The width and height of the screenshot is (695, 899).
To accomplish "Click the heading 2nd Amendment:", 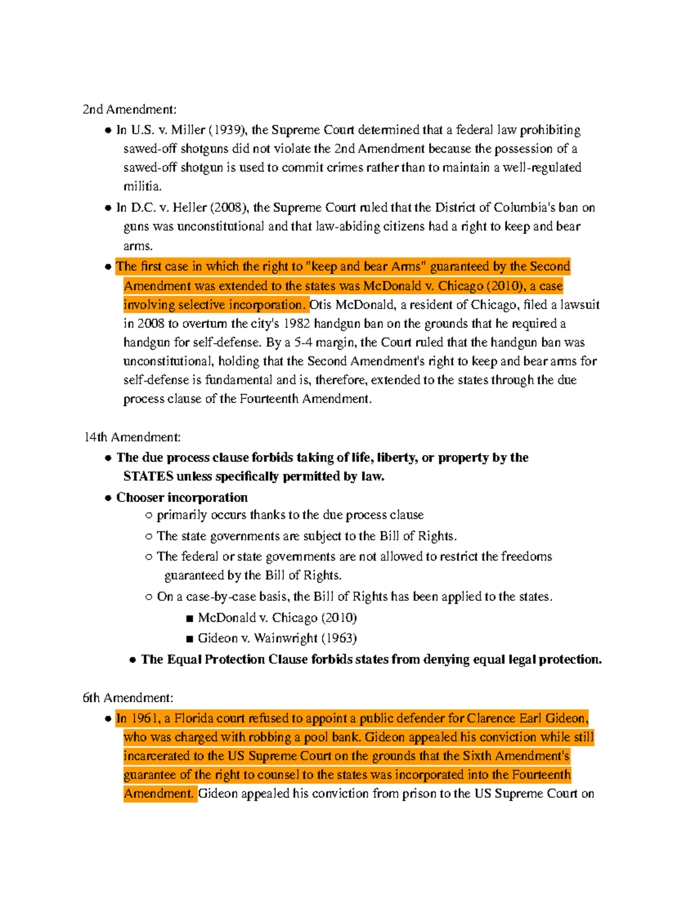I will pos(129,109).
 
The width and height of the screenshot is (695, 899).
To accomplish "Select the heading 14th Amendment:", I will pos(133,437).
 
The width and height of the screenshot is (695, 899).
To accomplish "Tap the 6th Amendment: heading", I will pos(128,698).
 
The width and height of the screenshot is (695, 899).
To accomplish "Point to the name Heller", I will pos(189,207).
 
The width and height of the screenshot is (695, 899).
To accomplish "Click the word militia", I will pos(142,186).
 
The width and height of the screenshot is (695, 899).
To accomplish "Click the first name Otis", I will pos(321,304).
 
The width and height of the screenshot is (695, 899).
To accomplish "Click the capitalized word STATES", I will pos(148,476).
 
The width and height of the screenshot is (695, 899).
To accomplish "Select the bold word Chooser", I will pos(140,497).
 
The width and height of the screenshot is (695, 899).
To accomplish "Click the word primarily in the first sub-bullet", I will pos(182,515).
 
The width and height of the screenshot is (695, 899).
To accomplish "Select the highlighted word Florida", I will pos(194,718).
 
